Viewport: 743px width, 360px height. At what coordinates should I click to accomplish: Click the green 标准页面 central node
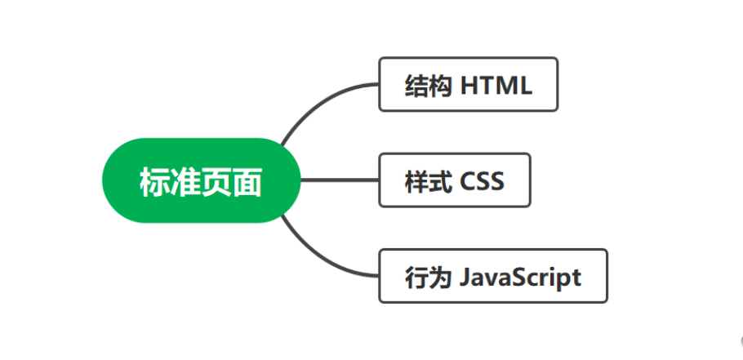[x=201, y=180]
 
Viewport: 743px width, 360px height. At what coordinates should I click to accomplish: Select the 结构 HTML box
[x=468, y=84]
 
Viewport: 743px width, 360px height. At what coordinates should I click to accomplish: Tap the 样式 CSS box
[x=455, y=180]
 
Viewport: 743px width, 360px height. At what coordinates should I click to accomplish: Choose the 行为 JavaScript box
[x=493, y=276]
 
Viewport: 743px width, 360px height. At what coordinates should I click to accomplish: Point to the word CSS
[x=482, y=180]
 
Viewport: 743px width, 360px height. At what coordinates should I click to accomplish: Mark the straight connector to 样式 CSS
[x=340, y=180]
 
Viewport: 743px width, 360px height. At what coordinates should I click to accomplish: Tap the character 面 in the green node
[x=247, y=181]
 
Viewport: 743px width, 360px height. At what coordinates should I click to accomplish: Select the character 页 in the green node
[x=216, y=181]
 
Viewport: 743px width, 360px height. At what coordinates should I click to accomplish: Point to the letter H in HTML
[x=469, y=85]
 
